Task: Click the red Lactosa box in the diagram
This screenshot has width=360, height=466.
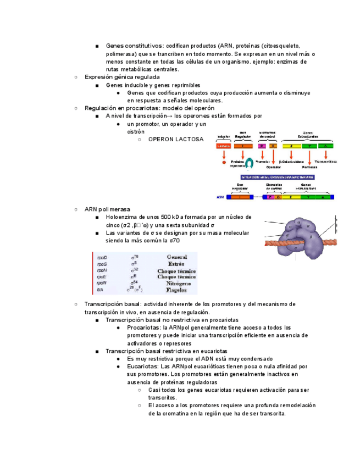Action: (x=224, y=146)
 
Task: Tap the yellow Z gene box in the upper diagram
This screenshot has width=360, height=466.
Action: (x=292, y=146)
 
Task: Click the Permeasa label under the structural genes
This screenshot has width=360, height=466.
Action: (x=309, y=167)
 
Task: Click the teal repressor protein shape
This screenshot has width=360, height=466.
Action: (x=249, y=163)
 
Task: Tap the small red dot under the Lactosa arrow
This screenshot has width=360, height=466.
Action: (x=224, y=163)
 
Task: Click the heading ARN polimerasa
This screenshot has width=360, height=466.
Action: (x=107, y=209)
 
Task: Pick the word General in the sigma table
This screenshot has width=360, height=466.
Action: (x=176, y=257)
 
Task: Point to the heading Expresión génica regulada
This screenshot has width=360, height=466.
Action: (x=122, y=77)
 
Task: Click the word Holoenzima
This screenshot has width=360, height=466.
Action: (x=122, y=217)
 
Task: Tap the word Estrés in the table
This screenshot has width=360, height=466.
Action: (x=176, y=264)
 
